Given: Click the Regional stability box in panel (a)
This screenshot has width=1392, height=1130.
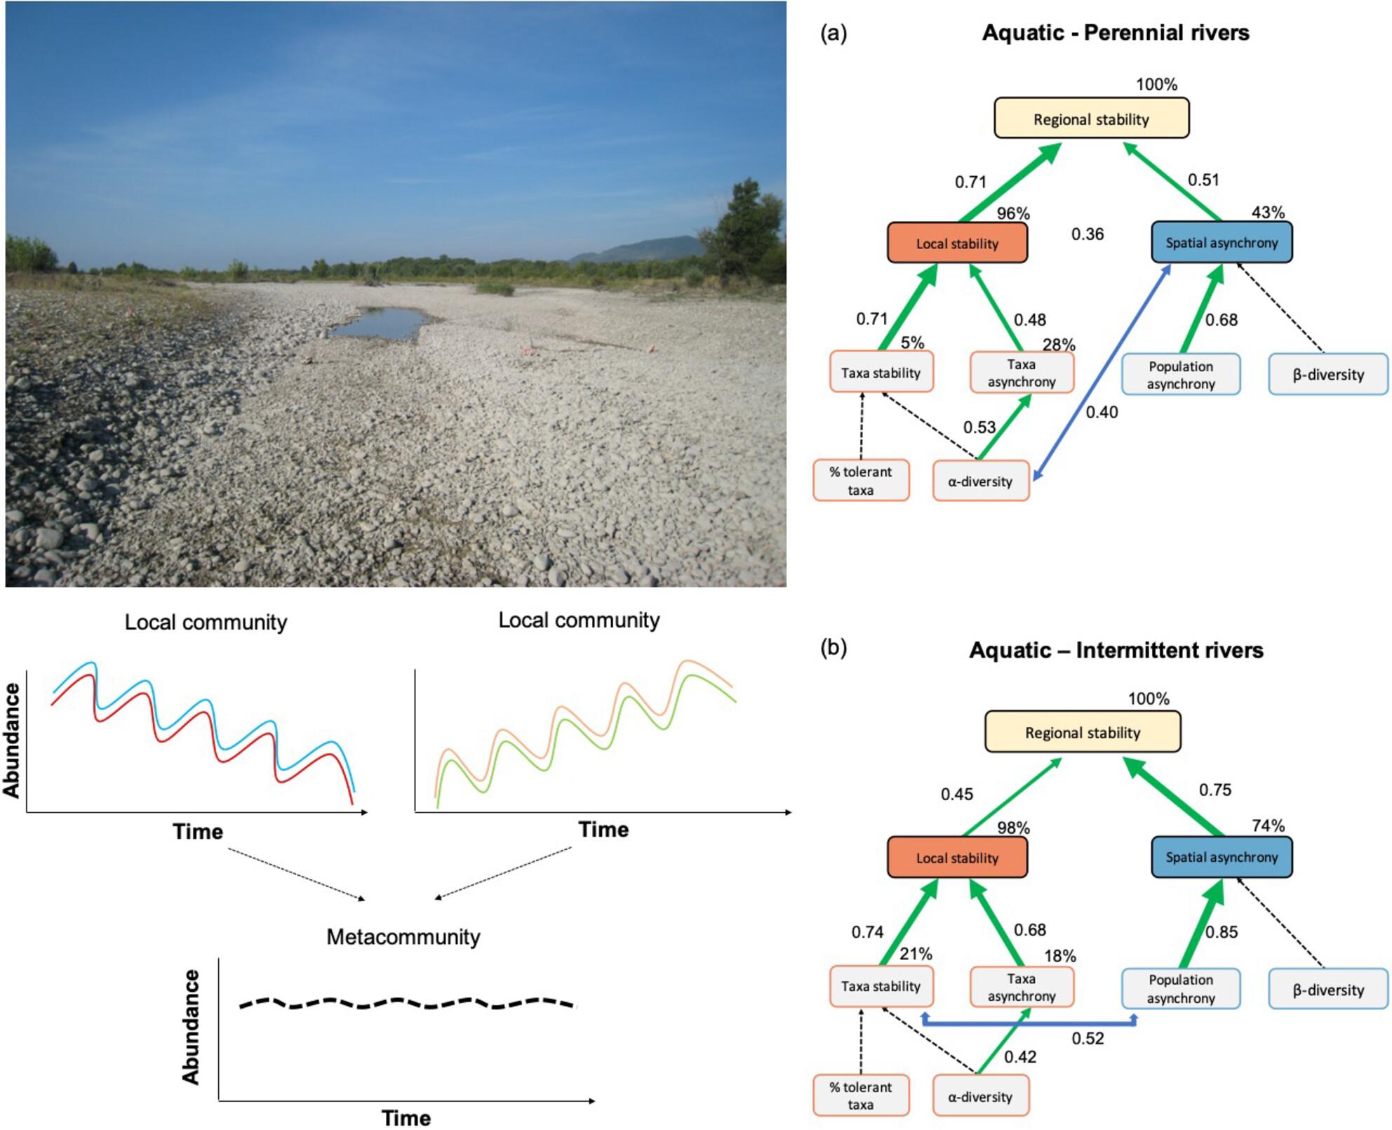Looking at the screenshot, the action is pyautogui.click(x=1091, y=118).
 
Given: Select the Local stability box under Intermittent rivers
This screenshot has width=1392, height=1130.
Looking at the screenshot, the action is pyautogui.click(x=957, y=857).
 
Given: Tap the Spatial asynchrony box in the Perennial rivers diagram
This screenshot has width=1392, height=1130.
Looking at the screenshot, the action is pyautogui.click(x=1221, y=243).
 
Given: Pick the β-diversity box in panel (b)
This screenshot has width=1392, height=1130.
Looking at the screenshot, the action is pyautogui.click(x=1327, y=990).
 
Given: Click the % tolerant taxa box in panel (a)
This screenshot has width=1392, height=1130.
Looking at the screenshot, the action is pyautogui.click(x=861, y=481).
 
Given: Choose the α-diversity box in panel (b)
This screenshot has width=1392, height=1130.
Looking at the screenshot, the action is pyautogui.click(x=980, y=1096).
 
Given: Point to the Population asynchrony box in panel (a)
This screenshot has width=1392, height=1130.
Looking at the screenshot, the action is pyautogui.click(x=1181, y=375).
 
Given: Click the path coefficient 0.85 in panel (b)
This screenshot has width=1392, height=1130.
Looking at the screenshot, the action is pyautogui.click(x=1222, y=932).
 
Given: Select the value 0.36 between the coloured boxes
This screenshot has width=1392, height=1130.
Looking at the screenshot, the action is pyautogui.click(x=1087, y=234).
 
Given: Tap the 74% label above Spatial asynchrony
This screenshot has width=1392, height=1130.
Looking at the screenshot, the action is pyautogui.click(x=1268, y=826).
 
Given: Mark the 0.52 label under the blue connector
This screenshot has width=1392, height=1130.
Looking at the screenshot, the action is pyautogui.click(x=1087, y=1038).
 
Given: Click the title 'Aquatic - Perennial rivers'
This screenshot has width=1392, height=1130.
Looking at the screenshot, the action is pyautogui.click(x=1116, y=33).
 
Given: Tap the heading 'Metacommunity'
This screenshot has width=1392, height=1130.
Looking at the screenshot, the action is pyautogui.click(x=403, y=937).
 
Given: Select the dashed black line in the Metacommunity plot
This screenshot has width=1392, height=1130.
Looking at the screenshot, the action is pyautogui.click(x=407, y=1003).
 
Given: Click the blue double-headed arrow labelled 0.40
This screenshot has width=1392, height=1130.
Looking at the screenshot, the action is pyautogui.click(x=1102, y=372).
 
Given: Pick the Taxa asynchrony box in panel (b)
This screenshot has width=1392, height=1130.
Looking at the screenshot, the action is pyautogui.click(x=1022, y=987).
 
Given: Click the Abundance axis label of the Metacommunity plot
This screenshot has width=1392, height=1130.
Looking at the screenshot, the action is pyautogui.click(x=191, y=1027).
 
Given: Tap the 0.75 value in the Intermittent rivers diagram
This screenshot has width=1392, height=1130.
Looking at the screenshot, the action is pyautogui.click(x=1214, y=790).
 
